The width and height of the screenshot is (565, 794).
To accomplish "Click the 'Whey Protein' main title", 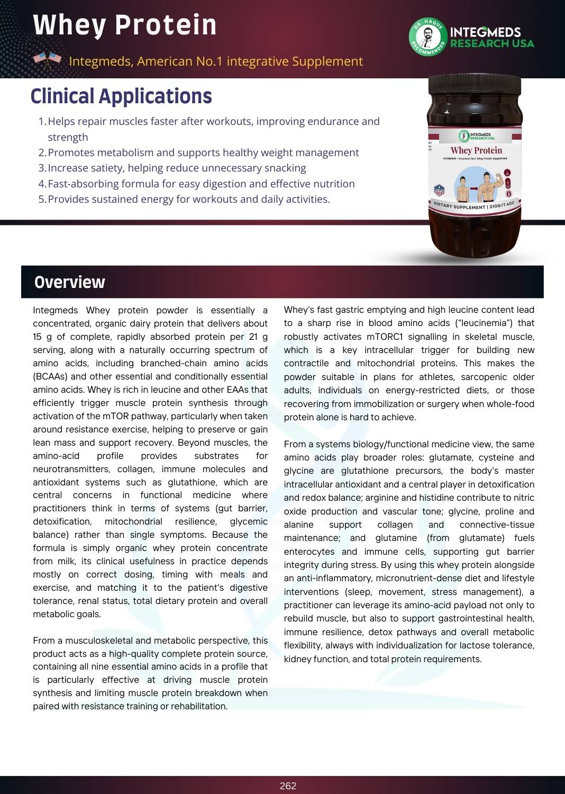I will [x=125, y=25].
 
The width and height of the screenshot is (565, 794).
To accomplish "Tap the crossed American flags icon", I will [x=47, y=60].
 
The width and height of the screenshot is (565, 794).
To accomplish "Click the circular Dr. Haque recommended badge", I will [x=427, y=37].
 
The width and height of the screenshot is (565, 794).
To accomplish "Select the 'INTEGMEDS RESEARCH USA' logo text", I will [x=491, y=38].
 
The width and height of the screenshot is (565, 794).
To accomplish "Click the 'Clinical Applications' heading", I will [x=121, y=96].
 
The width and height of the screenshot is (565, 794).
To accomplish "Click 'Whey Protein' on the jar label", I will [x=476, y=150].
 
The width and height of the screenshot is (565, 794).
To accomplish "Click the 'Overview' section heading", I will [x=69, y=282].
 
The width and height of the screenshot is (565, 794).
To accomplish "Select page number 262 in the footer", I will [x=288, y=786].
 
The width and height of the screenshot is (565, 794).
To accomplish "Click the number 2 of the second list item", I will [x=42, y=153].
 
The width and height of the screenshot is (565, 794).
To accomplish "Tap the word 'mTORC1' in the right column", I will [x=385, y=337].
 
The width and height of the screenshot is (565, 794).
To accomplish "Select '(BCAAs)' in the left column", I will [x=50, y=376].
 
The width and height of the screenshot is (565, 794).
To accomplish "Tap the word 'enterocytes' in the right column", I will [x=309, y=552].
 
